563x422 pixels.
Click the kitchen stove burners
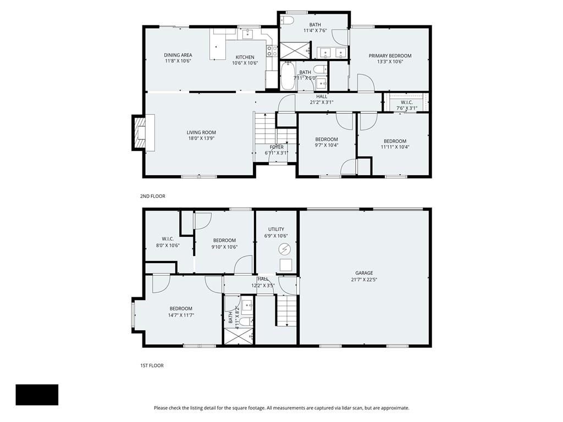272,51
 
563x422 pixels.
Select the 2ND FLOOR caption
152,196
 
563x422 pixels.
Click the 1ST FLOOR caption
152,365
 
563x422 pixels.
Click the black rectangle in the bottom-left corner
37,395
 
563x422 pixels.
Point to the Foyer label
277,147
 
